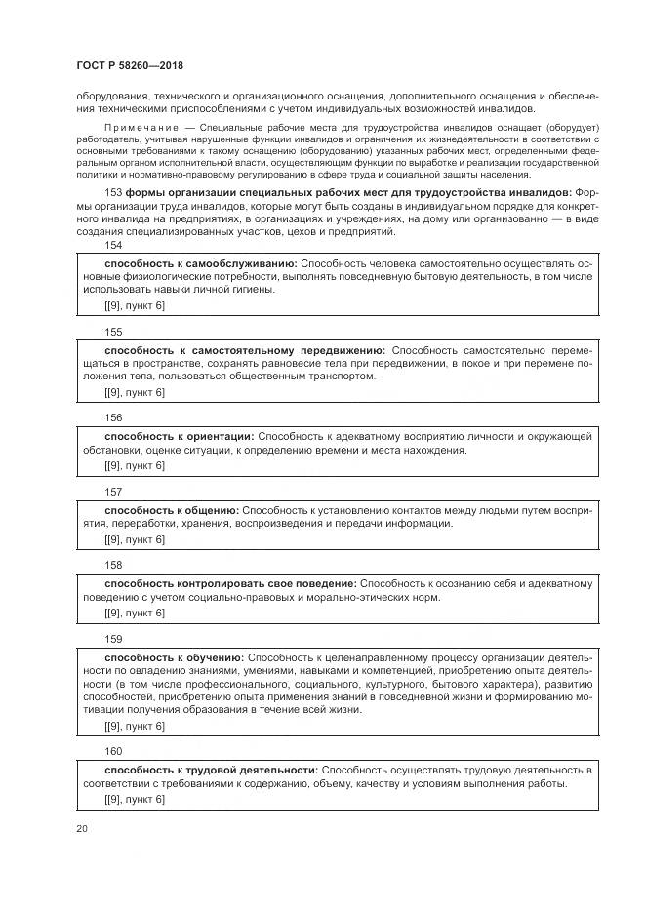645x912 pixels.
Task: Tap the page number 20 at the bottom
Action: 82,827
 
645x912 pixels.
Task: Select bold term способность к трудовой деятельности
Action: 211,771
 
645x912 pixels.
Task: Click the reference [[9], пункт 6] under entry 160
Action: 135,799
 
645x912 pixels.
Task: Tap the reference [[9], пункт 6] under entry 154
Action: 135,306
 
